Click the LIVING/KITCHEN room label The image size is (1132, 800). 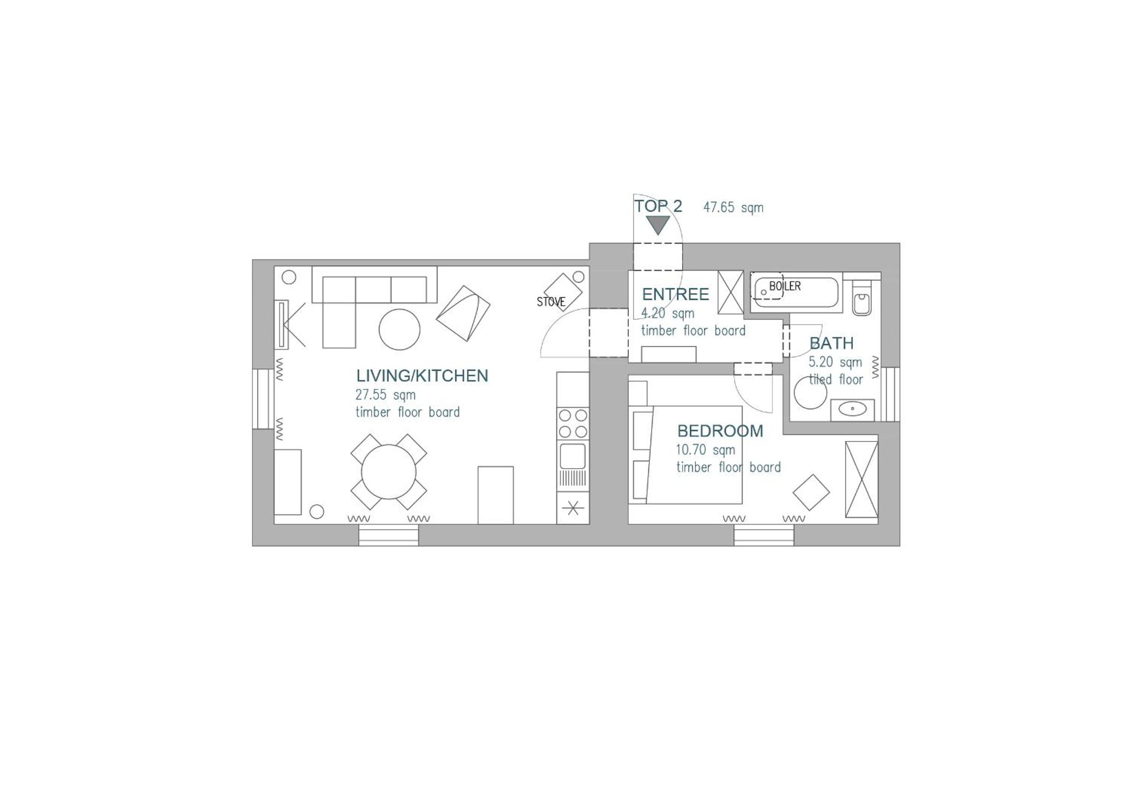[422, 376]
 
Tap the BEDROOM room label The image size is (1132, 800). [720, 431]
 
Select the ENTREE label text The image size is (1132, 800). [675, 295]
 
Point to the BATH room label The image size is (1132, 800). [831, 343]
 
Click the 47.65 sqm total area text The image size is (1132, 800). [733, 208]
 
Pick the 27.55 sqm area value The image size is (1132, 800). [386, 395]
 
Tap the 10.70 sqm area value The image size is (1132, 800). [705, 450]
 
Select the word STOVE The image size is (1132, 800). [551, 301]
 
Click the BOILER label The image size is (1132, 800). [785, 286]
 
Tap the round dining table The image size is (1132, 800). [388, 471]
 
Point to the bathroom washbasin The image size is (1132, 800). [852, 410]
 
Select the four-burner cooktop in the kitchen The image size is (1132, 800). [573, 423]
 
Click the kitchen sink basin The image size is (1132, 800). [573, 456]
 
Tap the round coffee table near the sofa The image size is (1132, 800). [399, 330]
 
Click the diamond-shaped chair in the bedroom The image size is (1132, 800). [811, 492]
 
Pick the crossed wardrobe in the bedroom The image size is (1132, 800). [862, 479]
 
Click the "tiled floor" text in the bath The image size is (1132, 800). [836, 379]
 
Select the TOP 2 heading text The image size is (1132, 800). [658, 206]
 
